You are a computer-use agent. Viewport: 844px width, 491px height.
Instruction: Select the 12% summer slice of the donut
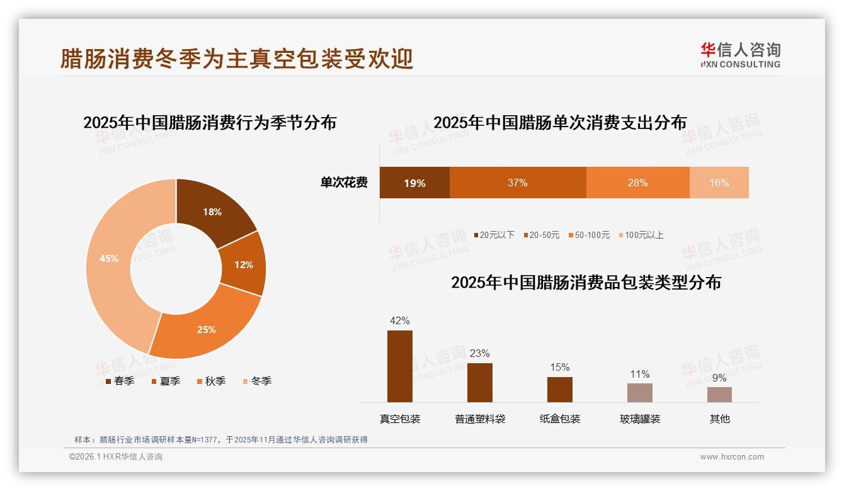click(x=244, y=265)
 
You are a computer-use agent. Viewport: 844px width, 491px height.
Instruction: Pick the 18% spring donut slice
click(x=212, y=212)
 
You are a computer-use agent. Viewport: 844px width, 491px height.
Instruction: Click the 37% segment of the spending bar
click(x=517, y=183)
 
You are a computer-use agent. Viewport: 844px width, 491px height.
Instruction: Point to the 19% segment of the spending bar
click(x=414, y=183)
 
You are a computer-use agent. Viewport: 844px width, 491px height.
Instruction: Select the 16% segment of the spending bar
click(x=719, y=183)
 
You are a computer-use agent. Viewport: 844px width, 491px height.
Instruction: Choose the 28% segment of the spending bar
click(x=637, y=183)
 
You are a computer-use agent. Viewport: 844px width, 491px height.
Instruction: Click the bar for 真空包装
click(x=400, y=366)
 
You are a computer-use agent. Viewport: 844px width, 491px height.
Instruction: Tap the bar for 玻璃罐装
click(x=640, y=393)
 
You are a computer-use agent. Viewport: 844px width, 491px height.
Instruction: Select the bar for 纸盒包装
click(x=560, y=390)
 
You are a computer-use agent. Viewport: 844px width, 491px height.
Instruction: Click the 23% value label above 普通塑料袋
click(x=479, y=354)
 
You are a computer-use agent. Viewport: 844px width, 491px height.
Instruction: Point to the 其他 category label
click(x=719, y=419)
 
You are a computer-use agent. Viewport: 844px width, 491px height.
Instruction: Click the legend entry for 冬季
click(x=257, y=381)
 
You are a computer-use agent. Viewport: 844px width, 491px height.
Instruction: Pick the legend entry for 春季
click(x=120, y=381)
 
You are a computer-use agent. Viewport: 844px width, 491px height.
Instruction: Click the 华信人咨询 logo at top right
click(x=740, y=55)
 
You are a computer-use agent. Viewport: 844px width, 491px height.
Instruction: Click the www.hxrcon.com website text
click(x=732, y=457)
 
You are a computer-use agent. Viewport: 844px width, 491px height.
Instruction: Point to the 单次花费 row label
click(x=344, y=183)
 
